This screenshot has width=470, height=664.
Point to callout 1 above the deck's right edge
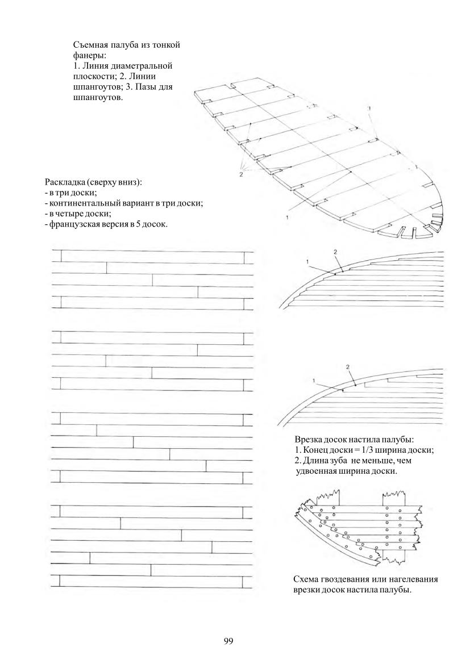(x=369, y=107)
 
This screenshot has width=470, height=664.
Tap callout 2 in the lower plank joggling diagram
(x=348, y=366)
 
